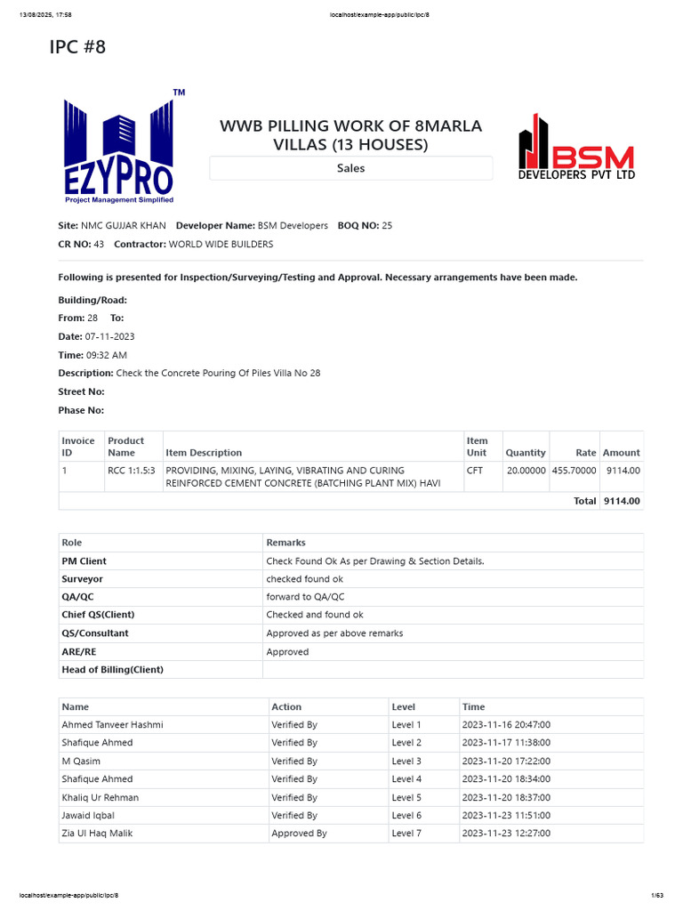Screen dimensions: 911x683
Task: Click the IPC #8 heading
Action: click(77, 47)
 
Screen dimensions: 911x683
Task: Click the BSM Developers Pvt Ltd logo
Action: click(576, 148)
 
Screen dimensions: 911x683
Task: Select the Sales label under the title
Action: click(350, 168)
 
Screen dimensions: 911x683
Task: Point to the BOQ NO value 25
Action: click(387, 226)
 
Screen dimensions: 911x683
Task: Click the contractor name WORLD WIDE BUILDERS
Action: click(221, 244)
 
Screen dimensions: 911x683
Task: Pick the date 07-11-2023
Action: click(109, 336)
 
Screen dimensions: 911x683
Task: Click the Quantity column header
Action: click(525, 453)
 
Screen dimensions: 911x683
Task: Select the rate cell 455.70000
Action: click(574, 471)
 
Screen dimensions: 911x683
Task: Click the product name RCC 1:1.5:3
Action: click(132, 471)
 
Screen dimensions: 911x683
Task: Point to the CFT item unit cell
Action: click(475, 471)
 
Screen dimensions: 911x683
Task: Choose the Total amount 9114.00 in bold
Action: click(622, 501)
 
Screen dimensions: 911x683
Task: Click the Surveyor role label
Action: click(82, 579)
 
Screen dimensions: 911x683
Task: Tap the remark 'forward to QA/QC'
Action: click(305, 597)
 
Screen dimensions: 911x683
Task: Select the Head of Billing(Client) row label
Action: click(112, 670)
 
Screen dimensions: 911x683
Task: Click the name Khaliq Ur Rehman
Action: click(100, 797)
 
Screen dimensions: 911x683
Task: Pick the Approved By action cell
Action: click(299, 834)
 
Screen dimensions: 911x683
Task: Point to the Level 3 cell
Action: click(406, 762)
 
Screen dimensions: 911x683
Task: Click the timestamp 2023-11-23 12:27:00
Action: click(506, 834)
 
